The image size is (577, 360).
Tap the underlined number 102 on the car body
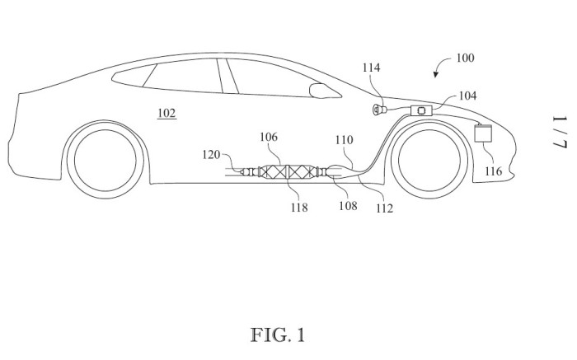[167, 113]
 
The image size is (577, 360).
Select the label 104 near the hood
[467, 96]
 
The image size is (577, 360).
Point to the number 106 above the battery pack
[269, 137]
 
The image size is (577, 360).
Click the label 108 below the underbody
[347, 205]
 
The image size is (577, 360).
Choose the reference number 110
[344, 141]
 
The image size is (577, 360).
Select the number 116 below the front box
[492, 171]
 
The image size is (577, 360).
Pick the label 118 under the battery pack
[298, 208]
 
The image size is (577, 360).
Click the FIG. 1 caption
[277, 335]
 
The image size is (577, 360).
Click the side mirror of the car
[317, 89]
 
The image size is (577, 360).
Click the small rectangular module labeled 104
[422, 110]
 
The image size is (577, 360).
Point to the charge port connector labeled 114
[381, 110]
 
